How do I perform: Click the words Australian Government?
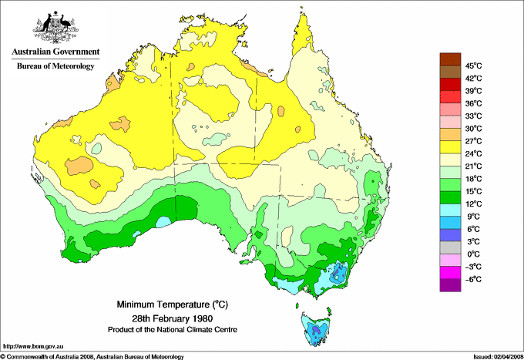pyautogui.click(x=55, y=52)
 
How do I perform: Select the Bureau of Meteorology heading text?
pyautogui.click(x=55, y=66)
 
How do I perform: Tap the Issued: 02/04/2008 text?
pyautogui.click(x=492, y=356)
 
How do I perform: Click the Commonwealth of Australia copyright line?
pyautogui.click(x=92, y=356)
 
